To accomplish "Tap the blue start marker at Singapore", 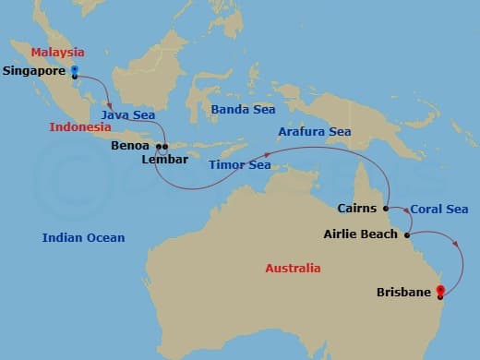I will (x=73, y=70).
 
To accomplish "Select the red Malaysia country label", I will (x=58, y=53).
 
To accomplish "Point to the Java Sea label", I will (x=127, y=115).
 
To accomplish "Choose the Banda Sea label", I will (x=243, y=110).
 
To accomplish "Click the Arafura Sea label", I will (x=315, y=132).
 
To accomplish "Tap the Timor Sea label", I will (x=239, y=164).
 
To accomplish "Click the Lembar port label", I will (x=164, y=159).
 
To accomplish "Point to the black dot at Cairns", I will (x=386, y=209).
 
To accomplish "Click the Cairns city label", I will (x=357, y=209).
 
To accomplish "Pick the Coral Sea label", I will (x=439, y=210).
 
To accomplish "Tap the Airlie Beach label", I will (x=361, y=234).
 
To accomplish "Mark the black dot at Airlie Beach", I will (x=407, y=234).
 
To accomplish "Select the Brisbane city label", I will (x=403, y=294).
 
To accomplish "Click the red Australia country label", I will (x=293, y=269).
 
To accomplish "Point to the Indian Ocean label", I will (x=83, y=238).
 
